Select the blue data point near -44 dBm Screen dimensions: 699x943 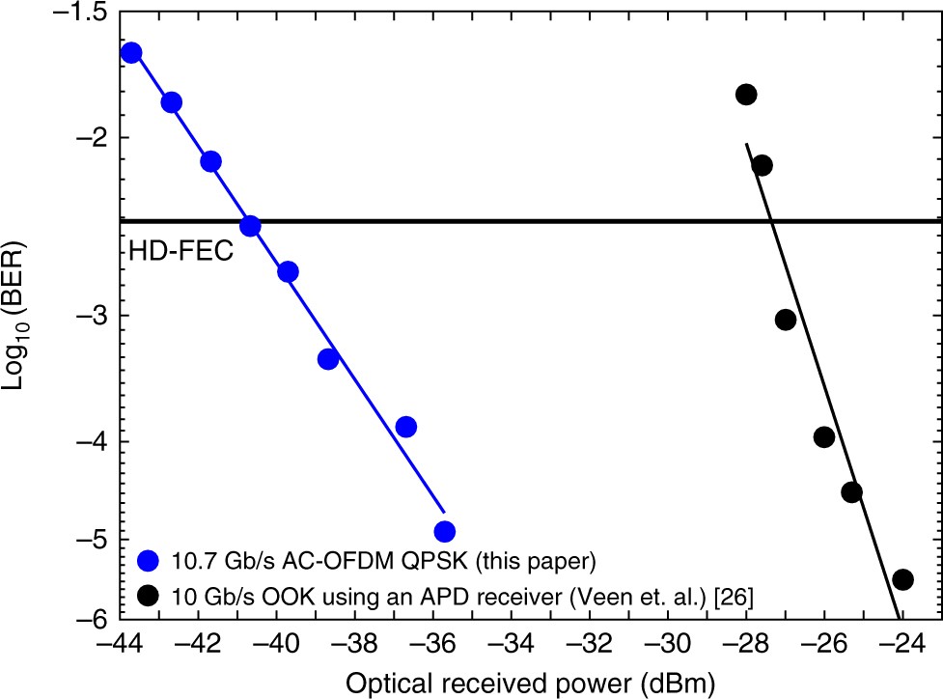[x=131, y=52]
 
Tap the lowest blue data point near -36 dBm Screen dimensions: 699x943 [x=444, y=531]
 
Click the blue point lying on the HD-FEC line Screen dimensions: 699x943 [x=250, y=226]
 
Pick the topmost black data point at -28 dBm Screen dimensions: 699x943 [x=745, y=95]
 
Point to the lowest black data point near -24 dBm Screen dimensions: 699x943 [x=903, y=579]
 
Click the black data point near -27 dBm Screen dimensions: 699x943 [x=786, y=320]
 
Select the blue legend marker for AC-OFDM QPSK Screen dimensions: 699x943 [x=148, y=560]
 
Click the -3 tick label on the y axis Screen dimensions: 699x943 [x=95, y=316]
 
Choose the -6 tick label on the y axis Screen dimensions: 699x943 [x=95, y=618]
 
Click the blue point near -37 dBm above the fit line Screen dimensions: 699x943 [x=406, y=427]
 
